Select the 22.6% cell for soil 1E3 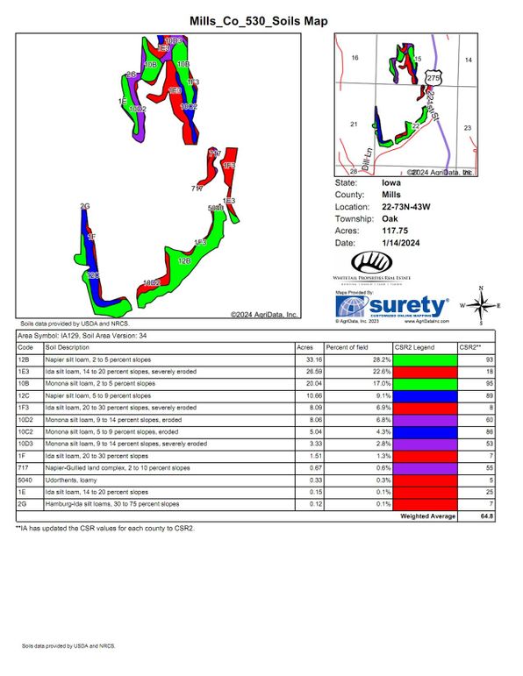coord(373,371)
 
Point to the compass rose coord(481,305)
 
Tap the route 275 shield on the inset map coord(432,79)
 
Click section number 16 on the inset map coord(355,58)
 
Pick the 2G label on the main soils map coord(85,206)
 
